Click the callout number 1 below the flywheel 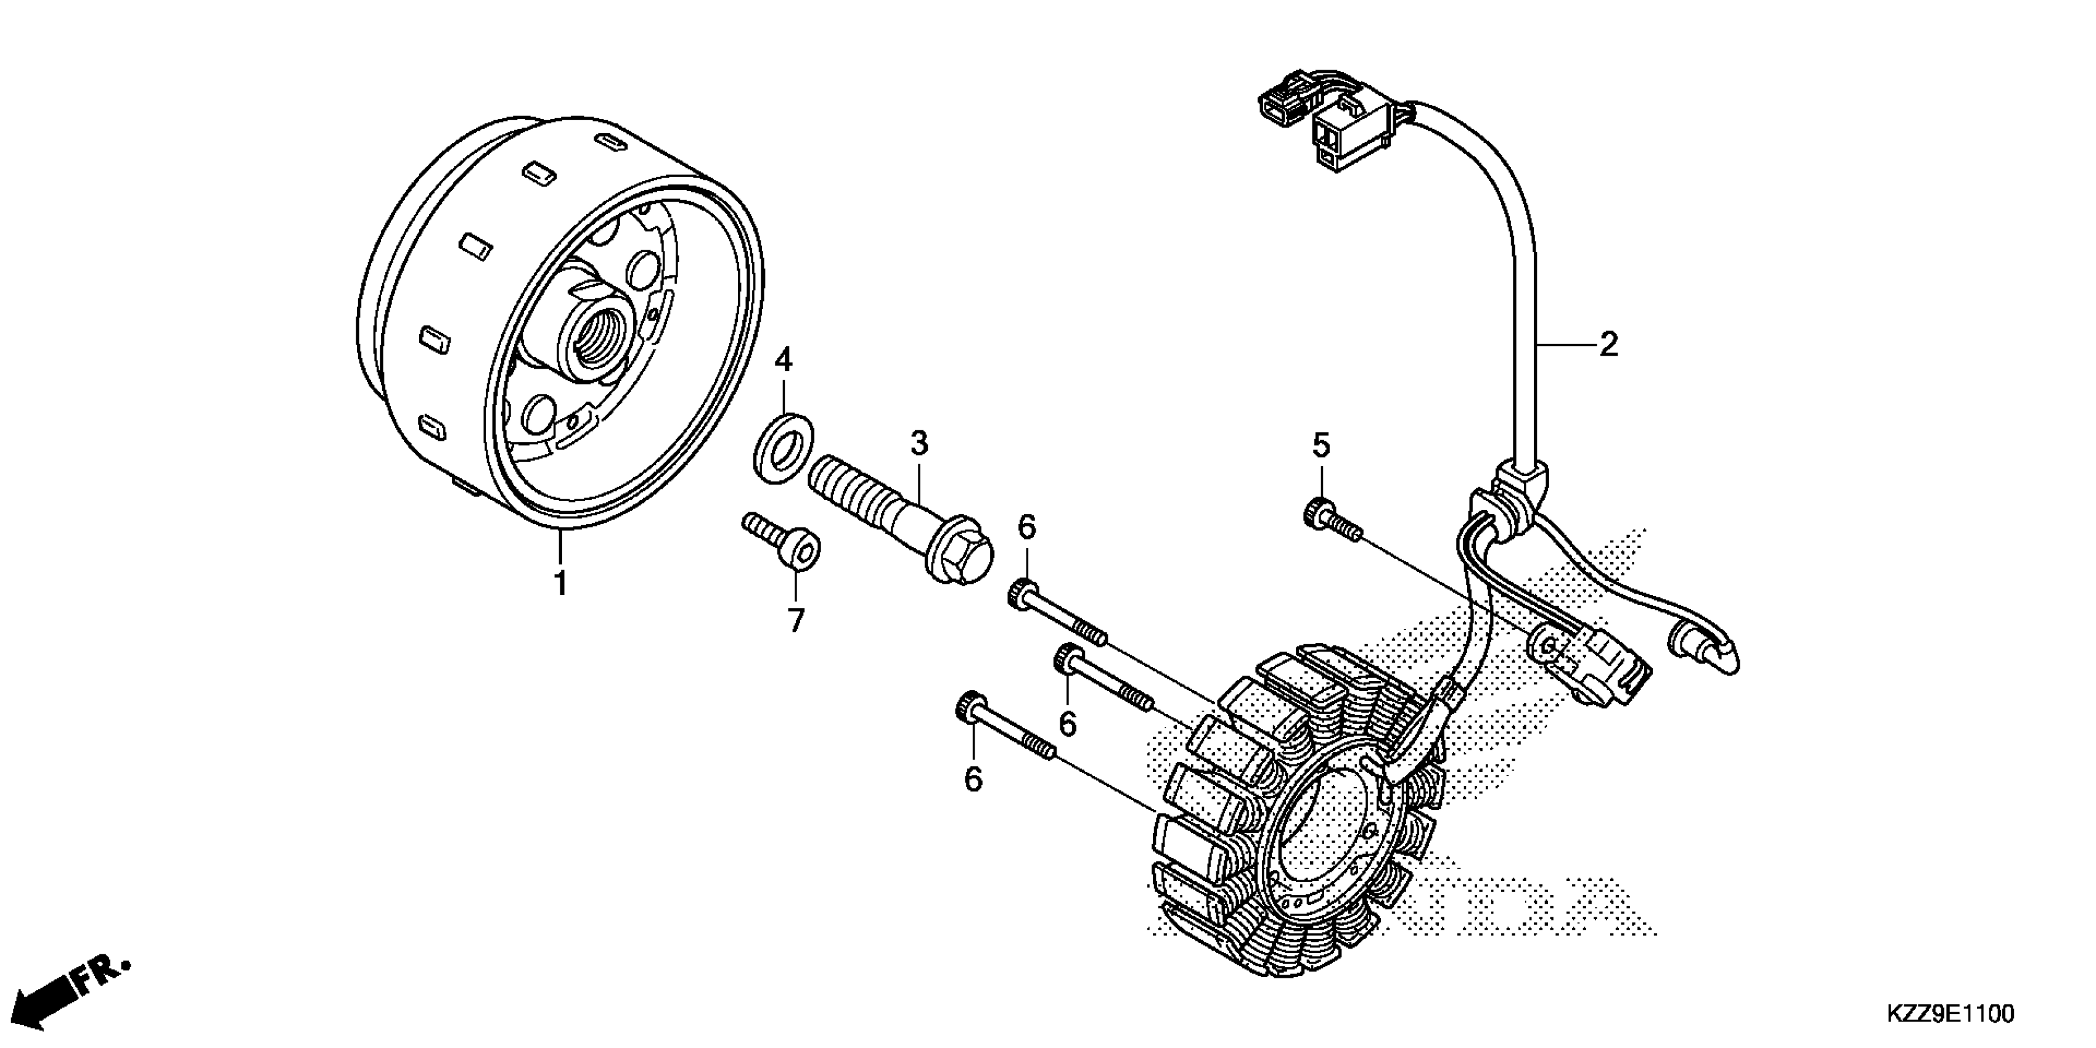[560, 583]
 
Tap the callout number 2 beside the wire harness [1608, 345]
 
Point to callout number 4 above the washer [783, 359]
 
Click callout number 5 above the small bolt [1320, 446]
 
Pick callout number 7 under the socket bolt [796, 620]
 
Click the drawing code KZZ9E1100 [1949, 1014]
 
